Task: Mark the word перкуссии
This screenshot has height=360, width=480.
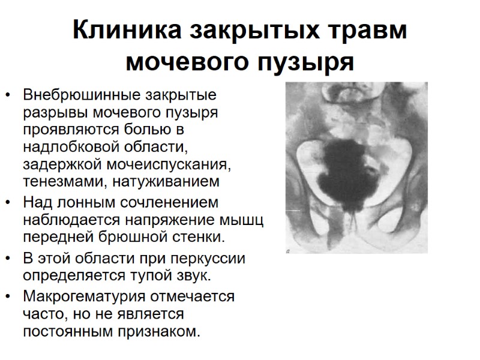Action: click(205, 259)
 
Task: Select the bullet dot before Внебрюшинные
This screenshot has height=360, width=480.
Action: click(8, 95)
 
